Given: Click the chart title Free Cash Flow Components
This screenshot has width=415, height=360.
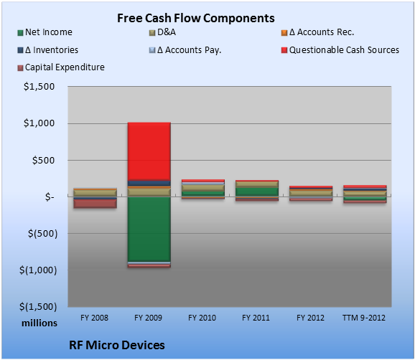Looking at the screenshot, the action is pos(196,18).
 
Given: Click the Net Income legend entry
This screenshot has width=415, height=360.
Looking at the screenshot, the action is pos(45,32).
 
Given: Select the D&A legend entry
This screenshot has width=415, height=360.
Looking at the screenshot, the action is pos(162,32).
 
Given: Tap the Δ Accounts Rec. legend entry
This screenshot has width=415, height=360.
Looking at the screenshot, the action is pos(317,32).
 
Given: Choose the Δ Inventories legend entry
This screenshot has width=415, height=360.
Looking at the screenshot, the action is pos(48,50).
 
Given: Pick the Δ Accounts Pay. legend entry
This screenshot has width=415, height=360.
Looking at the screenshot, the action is pos(185,50).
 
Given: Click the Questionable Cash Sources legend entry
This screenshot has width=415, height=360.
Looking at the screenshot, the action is pos(340,50).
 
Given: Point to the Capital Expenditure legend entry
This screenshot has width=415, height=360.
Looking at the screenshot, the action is pos(61,67).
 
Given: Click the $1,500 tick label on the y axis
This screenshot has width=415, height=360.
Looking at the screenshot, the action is pos(39,87).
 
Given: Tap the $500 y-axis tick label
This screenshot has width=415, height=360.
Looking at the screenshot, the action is pos(43,160).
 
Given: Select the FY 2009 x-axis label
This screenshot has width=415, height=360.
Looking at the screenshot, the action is pos(148,318).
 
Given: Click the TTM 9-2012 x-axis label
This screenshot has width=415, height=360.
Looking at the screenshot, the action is pos(364,318).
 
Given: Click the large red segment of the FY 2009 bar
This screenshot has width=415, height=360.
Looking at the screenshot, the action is pos(149,151).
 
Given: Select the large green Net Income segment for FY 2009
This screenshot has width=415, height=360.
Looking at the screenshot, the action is pos(149,229).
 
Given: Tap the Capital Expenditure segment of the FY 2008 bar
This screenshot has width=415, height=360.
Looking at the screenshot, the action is pos(95,204).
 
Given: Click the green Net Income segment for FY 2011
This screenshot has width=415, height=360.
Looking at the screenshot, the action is pos(257,192).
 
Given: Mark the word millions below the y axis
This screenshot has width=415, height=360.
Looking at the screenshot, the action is pos(39,323).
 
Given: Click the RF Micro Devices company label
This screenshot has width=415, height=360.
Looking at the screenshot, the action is pos(117,345).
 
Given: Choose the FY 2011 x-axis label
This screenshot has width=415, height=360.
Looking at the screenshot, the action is pos(256,318).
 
